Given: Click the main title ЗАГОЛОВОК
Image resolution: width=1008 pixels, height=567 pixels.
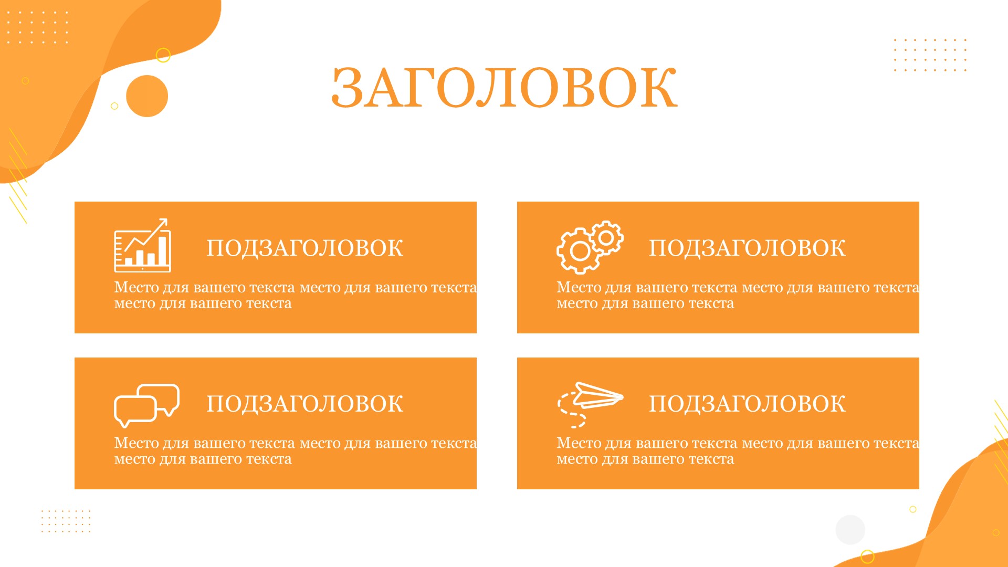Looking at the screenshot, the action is (504, 88).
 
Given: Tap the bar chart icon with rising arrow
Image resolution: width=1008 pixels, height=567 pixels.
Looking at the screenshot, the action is (143, 245).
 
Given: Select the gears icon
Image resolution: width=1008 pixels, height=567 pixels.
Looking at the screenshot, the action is (590, 247).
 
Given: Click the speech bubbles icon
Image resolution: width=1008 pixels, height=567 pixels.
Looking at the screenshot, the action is (146, 405).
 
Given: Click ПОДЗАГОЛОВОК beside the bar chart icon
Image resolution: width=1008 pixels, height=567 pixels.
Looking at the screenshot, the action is (304, 248).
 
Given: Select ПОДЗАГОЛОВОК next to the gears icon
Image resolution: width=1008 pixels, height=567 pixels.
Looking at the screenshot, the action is (747, 248).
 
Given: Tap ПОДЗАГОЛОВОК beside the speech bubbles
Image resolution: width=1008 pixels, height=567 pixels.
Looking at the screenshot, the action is (304, 404).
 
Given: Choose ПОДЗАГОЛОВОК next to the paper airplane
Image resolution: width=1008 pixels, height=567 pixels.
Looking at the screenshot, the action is (747, 404).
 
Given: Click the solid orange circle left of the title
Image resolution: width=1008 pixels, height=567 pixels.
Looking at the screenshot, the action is (147, 96).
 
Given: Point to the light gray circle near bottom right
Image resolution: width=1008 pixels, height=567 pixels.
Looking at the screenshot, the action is (850, 530).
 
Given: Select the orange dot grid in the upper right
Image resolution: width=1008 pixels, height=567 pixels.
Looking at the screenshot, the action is (930, 55).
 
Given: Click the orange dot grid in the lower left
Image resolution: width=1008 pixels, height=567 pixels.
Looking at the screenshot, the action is (66, 521).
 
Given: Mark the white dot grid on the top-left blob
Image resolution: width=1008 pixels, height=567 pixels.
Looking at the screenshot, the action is (37, 27).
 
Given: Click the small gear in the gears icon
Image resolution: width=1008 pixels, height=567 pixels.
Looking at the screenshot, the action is (606, 238).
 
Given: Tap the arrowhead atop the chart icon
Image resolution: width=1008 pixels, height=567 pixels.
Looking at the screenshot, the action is (163, 223).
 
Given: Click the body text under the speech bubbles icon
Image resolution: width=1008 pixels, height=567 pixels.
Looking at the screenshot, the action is (296, 451).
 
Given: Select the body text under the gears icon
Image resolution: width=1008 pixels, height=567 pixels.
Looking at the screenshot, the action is (738, 295).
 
